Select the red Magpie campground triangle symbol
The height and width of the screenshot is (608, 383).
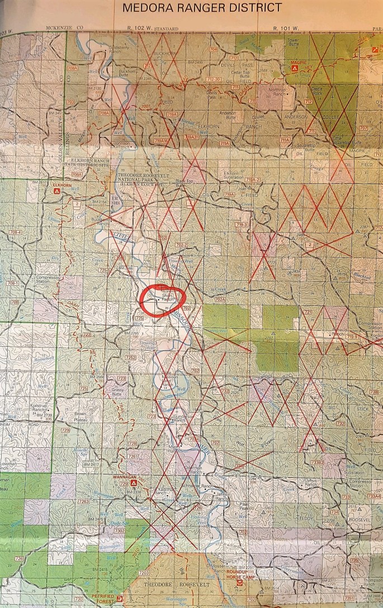tap(295, 68)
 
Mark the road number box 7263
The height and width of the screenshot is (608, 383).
tap(83, 501)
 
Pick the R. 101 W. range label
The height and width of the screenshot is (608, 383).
tap(284, 28)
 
